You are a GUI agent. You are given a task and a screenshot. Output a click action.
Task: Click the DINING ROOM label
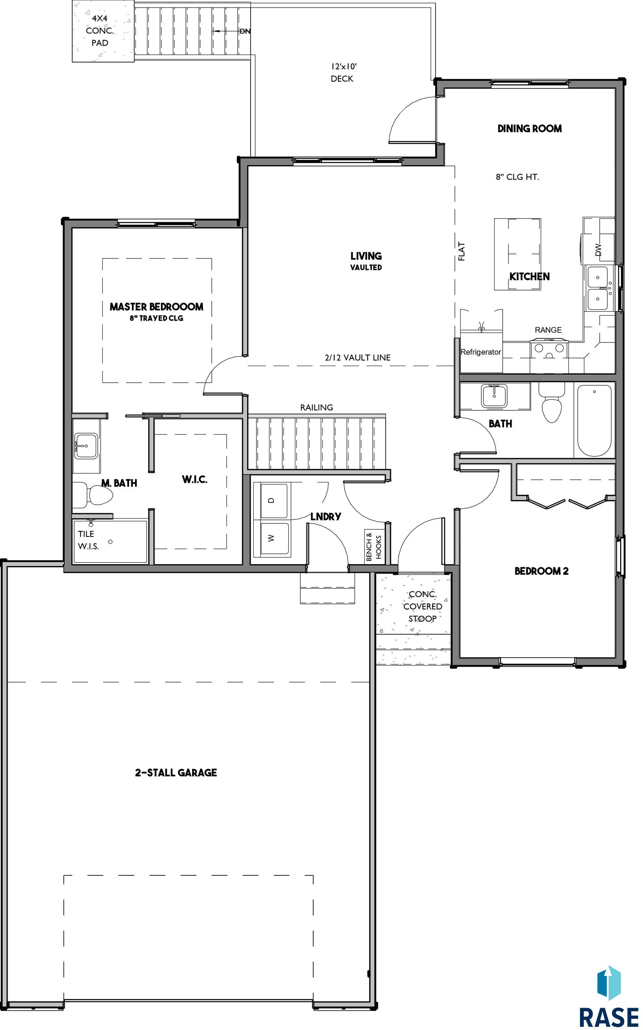(x=530, y=129)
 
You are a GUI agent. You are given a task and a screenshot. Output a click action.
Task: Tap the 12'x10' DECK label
(x=343, y=72)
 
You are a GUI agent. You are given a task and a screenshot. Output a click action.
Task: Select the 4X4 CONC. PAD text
(x=100, y=30)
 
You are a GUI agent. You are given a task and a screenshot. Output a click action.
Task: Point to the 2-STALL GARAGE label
(x=176, y=772)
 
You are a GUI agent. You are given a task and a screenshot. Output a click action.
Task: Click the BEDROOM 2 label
(x=542, y=571)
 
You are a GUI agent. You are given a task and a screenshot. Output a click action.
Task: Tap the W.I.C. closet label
(x=194, y=479)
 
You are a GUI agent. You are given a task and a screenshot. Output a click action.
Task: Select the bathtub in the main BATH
(x=594, y=420)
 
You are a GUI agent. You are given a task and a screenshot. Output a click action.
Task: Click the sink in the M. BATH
(x=86, y=445)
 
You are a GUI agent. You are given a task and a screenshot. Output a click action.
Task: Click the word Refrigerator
(x=481, y=352)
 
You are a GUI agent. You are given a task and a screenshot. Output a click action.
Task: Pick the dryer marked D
(x=271, y=501)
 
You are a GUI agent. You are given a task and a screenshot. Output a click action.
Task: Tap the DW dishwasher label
(x=598, y=249)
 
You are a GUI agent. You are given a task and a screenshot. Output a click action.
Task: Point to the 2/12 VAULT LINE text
(x=357, y=358)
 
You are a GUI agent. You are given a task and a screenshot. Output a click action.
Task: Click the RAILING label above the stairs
(x=316, y=407)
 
